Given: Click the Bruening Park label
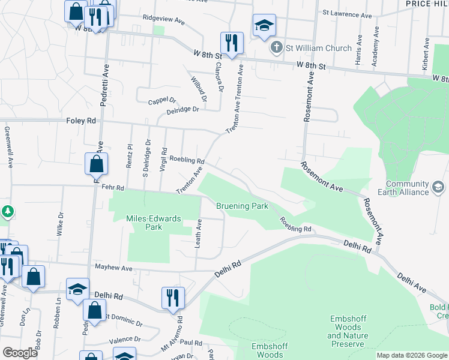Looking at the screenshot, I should tap(242, 206).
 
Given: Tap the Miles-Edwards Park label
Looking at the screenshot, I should tap(154, 223).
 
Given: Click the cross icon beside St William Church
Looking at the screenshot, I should tap(276, 47).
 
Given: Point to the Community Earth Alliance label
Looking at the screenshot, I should tap(408, 188).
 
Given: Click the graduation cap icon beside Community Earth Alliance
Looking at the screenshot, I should tap(439, 188).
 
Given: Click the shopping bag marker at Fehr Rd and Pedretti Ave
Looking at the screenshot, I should tap(97, 164).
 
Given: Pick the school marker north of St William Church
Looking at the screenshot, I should tap(264, 26).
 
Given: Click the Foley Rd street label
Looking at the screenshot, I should tap(81, 121).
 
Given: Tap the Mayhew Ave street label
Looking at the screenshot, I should tap(113, 267).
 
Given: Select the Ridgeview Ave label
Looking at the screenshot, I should tap(163, 20).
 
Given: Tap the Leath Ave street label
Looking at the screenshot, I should tap(198, 233).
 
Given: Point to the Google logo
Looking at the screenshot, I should tap(20, 353).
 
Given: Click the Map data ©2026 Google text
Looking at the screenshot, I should tap(412, 355).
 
